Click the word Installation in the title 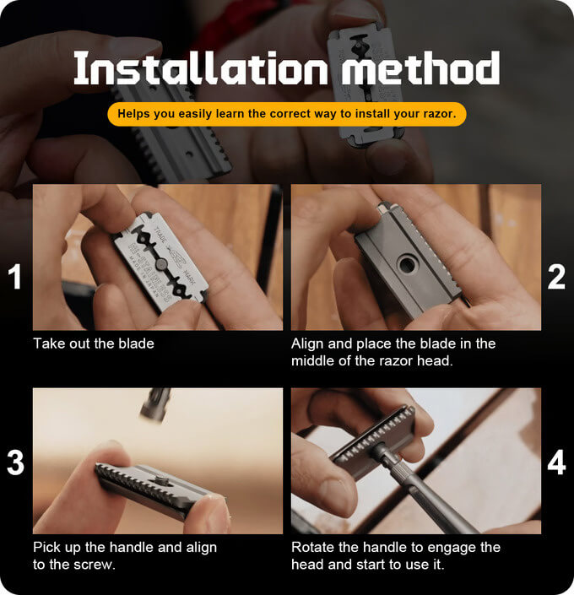[x=200, y=68]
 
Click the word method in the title [x=420, y=68]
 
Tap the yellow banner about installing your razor [x=287, y=114]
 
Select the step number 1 [x=15, y=277]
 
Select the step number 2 [x=556, y=277]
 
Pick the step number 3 [x=15, y=462]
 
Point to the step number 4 [x=556, y=462]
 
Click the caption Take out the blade [x=94, y=343]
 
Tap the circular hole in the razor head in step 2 [x=407, y=264]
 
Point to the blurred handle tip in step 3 [x=154, y=405]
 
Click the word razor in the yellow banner [x=441, y=114]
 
